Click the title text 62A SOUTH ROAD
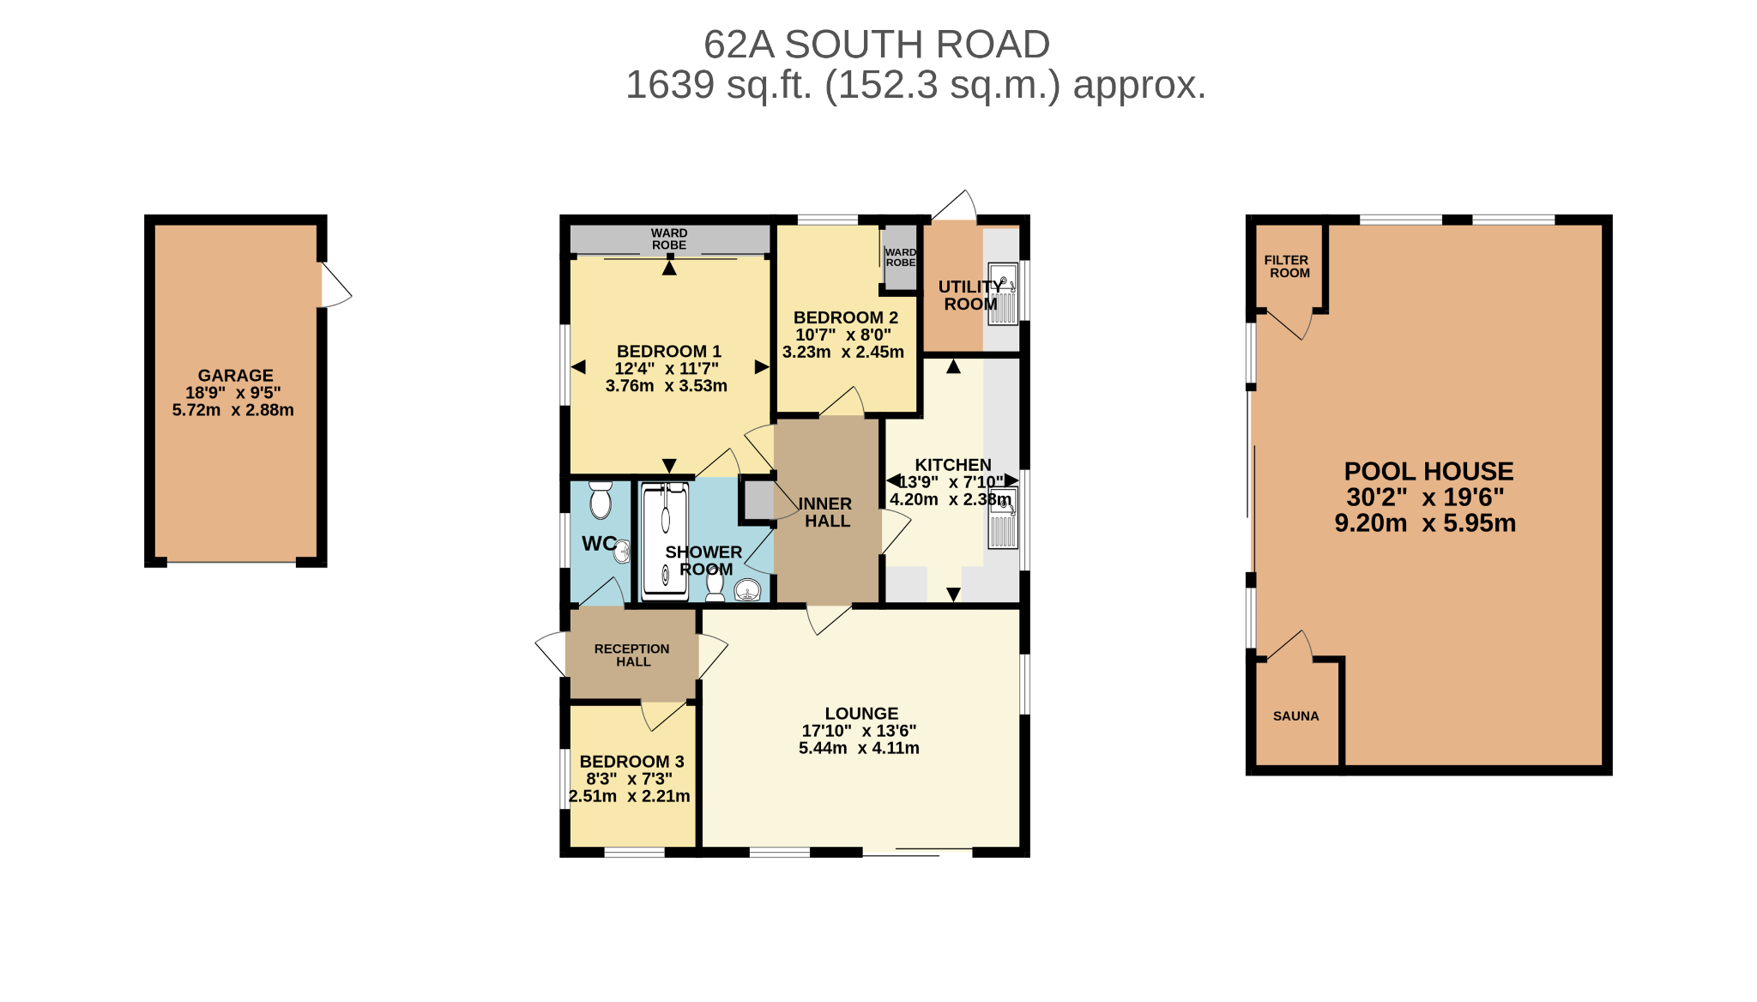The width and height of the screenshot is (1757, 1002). (x=877, y=45)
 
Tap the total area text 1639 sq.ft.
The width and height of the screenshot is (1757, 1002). (x=719, y=85)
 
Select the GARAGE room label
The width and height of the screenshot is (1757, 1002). (x=236, y=375)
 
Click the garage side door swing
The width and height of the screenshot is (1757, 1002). (x=336, y=285)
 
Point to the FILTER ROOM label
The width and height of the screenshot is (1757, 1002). (x=1287, y=267)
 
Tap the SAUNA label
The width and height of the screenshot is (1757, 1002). (x=1295, y=716)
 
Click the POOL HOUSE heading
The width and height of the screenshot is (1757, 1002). (x=1428, y=471)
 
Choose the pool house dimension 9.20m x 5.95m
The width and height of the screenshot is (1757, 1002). (x=1425, y=523)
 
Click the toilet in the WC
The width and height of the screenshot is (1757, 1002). (x=601, y=499)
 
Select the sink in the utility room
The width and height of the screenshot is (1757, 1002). (x=1003, y=294)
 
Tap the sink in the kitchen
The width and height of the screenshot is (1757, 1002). (x=1003, y=517)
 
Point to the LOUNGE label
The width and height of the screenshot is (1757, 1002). (x=861, y=714)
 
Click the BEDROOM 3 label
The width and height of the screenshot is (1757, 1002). (x=632, y=762)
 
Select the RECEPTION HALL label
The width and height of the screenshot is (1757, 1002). (x=632, y=655)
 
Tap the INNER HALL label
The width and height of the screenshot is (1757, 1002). (x=825, y=512)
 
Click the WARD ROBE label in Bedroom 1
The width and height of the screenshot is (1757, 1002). (x=669, y=238)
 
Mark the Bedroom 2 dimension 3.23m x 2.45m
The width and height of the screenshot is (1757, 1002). (x=843, y=352)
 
